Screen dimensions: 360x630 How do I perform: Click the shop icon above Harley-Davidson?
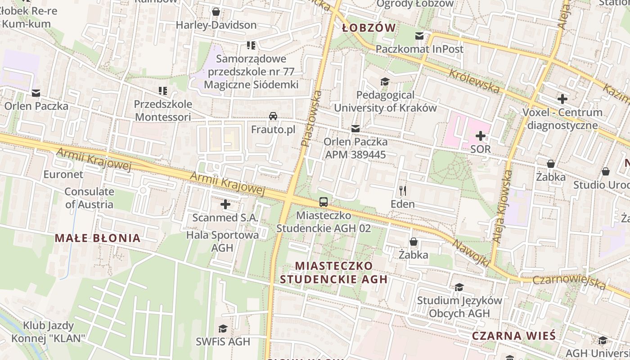216,11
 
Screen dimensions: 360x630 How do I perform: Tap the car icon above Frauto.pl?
273,116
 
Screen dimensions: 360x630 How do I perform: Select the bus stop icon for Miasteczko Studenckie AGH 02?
324,202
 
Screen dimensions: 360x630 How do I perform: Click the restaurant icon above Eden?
403,191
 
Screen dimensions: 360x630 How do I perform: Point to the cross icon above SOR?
481,135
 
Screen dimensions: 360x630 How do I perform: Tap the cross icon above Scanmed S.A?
225,205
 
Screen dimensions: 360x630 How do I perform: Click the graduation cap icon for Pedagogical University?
385,81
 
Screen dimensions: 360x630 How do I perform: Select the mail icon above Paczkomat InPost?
419,36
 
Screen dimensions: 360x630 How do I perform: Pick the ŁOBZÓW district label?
369,28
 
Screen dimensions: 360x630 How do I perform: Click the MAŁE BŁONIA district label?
98,238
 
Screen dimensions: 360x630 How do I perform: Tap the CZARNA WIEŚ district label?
513,336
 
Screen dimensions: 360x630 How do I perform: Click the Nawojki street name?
471,252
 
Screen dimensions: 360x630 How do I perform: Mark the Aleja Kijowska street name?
503,207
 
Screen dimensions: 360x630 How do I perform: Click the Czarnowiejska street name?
569,282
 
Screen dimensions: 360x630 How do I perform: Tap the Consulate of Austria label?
89,198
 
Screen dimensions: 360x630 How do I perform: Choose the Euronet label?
63,174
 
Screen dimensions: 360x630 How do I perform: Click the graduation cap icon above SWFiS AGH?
223,328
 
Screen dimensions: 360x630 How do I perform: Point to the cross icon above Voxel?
562,99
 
